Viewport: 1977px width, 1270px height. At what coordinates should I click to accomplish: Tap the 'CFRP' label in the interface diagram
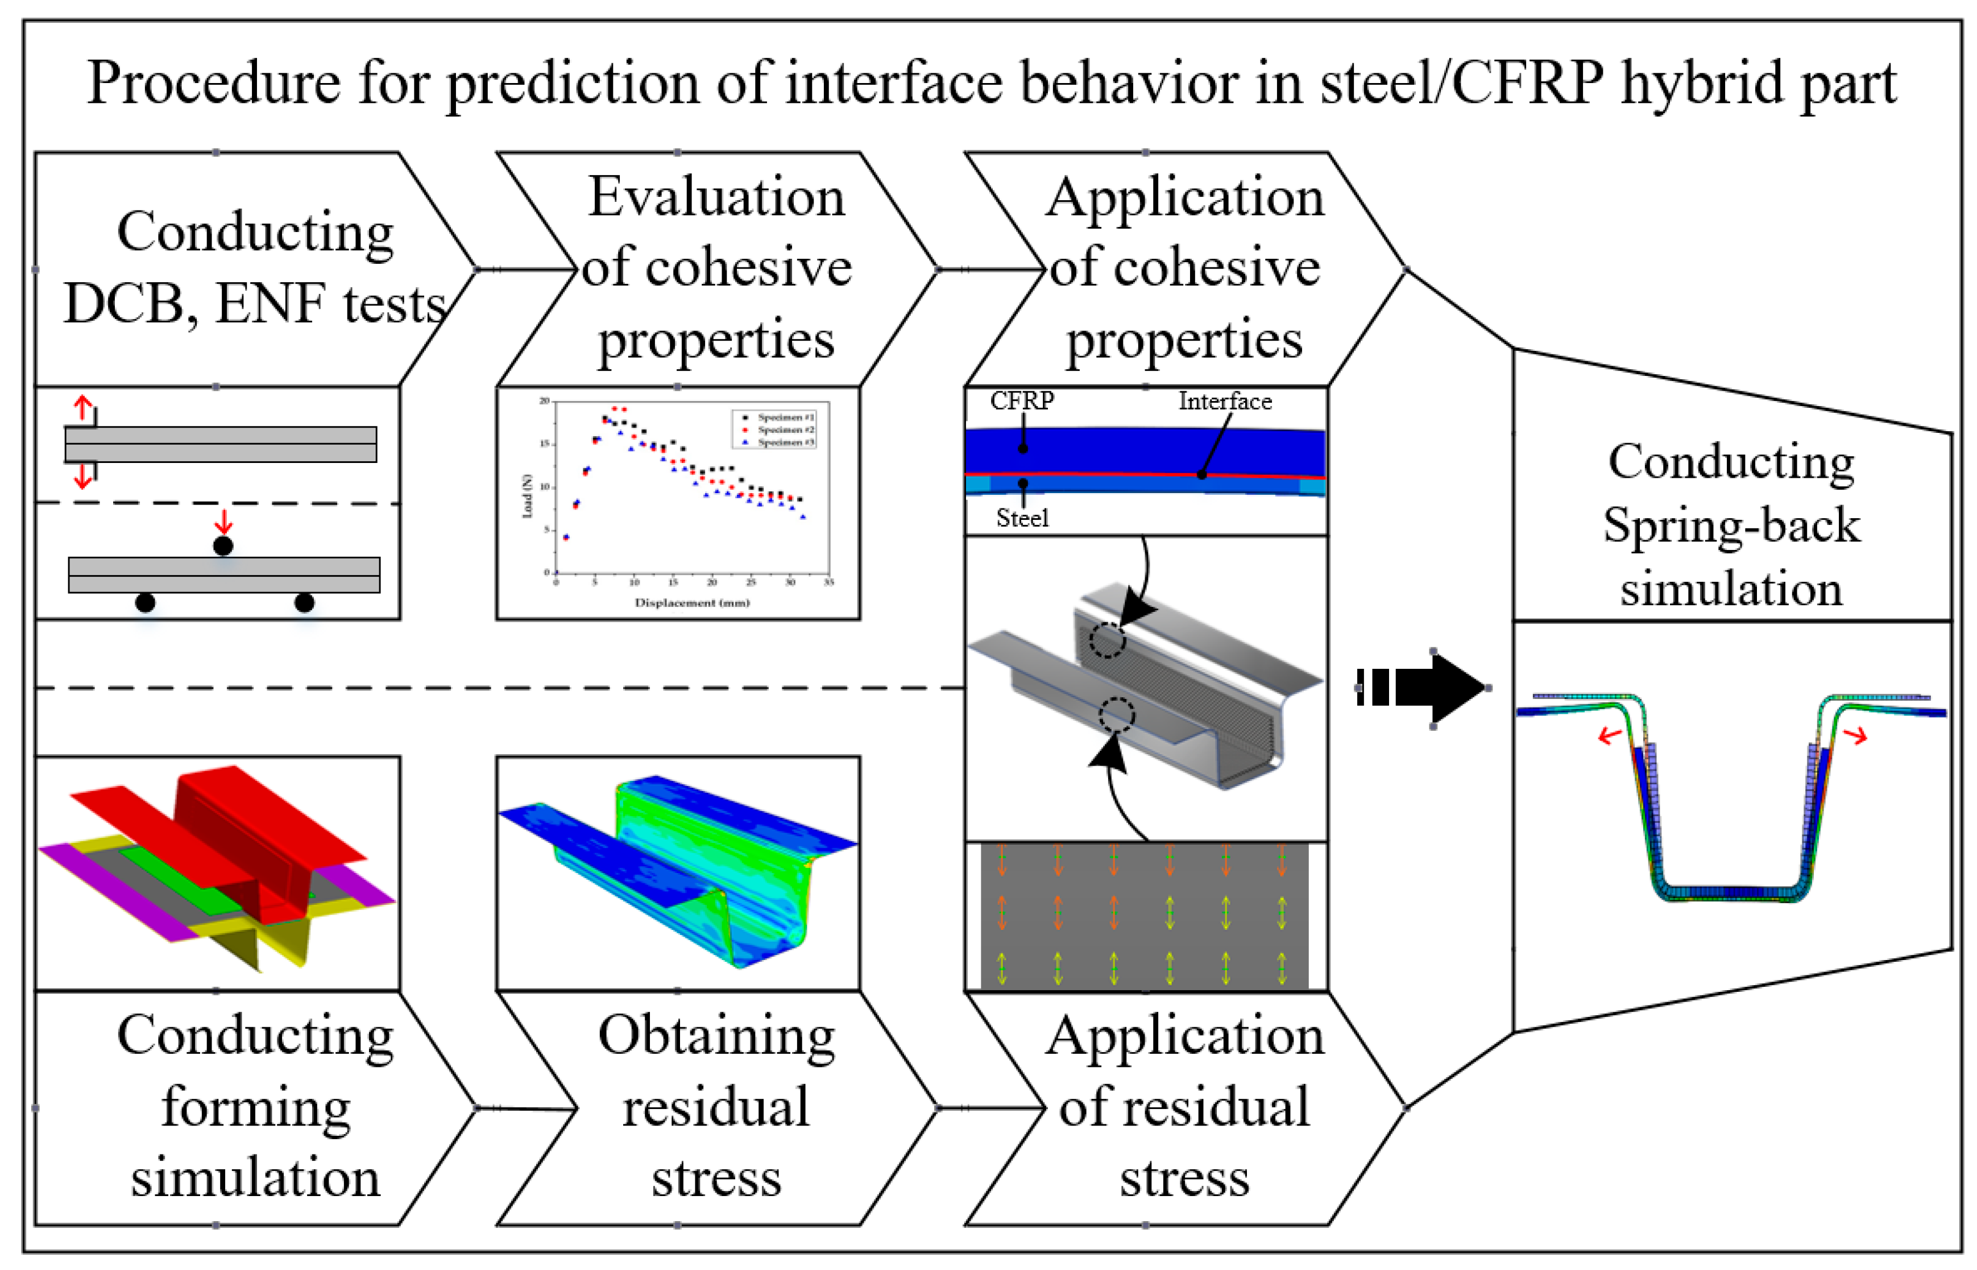coord(1021,401)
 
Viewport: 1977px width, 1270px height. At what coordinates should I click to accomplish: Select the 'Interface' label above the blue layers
coord(1224,402)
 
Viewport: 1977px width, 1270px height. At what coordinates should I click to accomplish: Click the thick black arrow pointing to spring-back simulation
coord(1431,687)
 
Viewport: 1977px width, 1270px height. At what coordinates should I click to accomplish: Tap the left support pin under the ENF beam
coord(145,603)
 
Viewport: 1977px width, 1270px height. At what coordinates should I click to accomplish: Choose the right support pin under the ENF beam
coord(304,603)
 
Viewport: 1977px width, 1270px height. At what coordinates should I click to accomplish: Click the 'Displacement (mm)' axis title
coord(692,603)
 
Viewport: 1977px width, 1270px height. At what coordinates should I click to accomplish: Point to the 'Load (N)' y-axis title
coord(528,495)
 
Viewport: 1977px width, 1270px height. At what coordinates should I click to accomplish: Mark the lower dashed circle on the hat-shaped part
coord(1116,715)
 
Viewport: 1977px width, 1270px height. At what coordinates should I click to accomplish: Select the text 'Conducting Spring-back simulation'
coord(1731,524)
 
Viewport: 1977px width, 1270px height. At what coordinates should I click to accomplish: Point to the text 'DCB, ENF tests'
coord(255,304)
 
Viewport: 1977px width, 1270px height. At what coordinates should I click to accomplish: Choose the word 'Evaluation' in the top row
coord(716,198)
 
